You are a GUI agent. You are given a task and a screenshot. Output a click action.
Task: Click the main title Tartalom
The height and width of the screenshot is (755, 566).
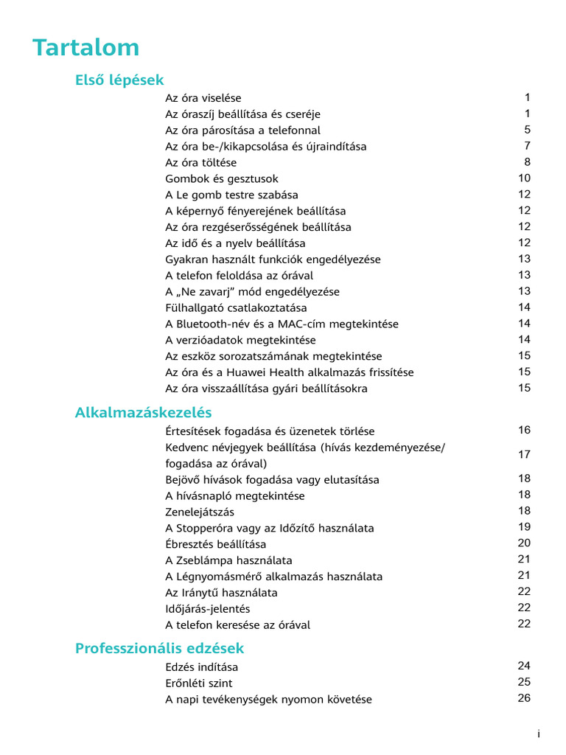coord(85,48)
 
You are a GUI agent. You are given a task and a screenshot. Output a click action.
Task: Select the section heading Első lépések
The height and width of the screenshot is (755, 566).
coord(119,80)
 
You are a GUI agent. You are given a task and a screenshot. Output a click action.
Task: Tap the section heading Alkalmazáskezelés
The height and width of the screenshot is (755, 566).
coord(143,412)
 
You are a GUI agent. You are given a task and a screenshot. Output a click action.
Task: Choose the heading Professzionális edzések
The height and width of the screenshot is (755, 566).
coord(159,649)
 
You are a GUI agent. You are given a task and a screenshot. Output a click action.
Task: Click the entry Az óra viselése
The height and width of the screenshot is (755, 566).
coord(203,98)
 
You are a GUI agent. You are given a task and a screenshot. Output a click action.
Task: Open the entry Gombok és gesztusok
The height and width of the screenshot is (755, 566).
coord(221,179)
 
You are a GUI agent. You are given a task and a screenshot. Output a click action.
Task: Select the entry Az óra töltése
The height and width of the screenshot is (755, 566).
coord(200,163)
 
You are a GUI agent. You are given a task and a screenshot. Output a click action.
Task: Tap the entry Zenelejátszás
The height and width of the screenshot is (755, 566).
coord(200,512)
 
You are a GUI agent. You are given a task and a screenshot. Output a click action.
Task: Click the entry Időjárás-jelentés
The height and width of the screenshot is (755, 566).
coord(207,609)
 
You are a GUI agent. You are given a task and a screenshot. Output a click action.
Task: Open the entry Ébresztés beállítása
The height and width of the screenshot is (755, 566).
coord(215,545)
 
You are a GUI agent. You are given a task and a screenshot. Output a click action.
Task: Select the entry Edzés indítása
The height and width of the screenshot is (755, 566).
coord(201,667)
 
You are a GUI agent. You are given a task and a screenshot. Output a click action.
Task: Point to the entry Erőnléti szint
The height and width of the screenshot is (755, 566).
coord(198,683)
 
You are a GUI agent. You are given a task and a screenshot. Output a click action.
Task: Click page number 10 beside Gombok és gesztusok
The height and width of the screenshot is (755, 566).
coord(524,178)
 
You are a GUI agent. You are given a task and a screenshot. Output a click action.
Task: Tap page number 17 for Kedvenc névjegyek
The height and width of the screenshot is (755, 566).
coord(524,455)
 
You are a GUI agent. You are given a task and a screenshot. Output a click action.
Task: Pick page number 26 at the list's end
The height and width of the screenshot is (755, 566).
coord(524,698)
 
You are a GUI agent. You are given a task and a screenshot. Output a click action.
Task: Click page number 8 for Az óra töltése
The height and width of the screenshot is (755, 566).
coord(528,162)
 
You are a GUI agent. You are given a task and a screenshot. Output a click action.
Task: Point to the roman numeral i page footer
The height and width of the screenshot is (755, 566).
coord(539,734)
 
